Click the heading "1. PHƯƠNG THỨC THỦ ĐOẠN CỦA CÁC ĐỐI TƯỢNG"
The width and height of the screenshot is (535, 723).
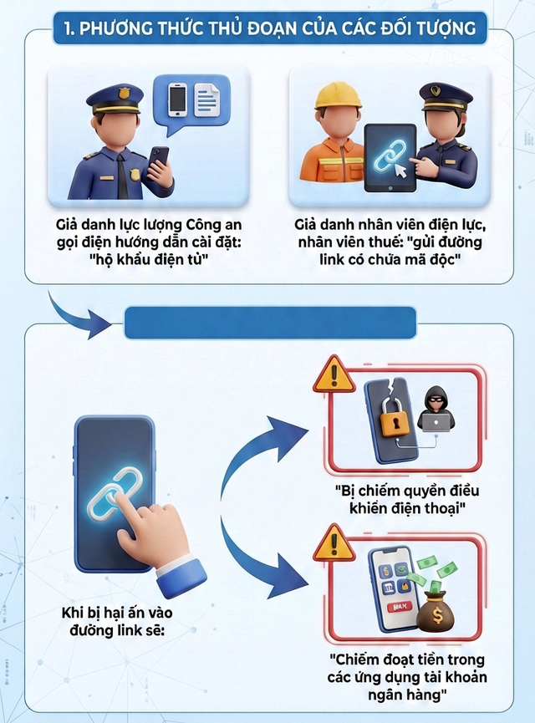[267, 28]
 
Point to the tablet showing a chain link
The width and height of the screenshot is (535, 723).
[390, 160]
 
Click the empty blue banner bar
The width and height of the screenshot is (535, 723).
[270, 323]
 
